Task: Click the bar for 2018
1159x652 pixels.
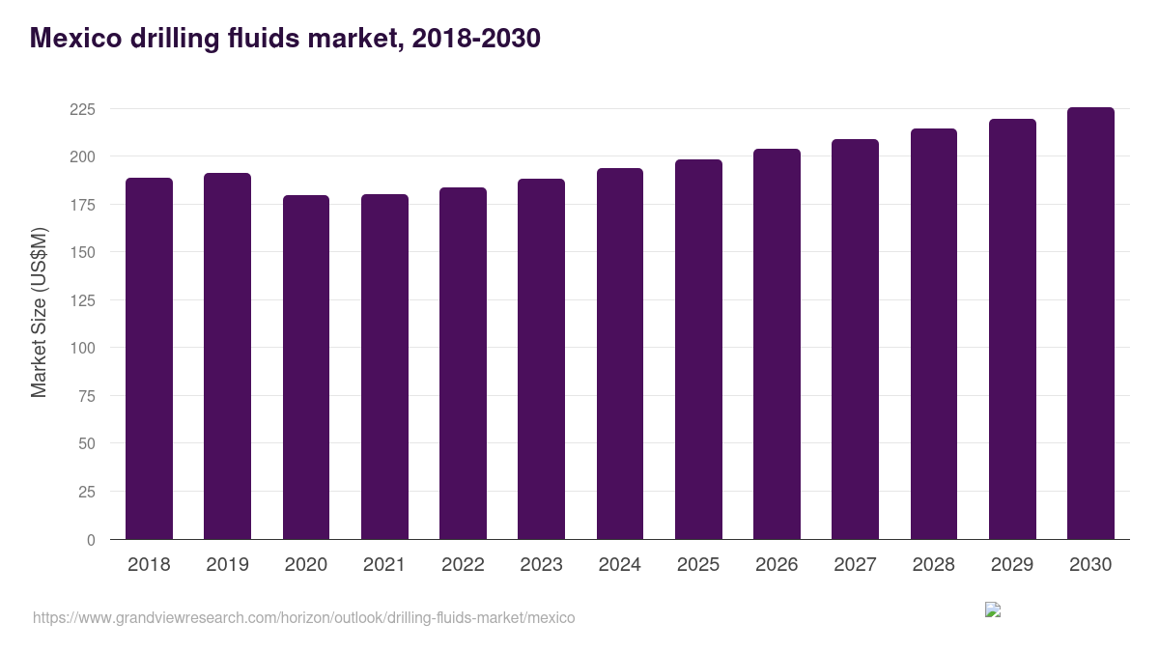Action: pyautogui.click(x=149, y=358)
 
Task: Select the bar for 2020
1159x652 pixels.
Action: pyautogui.click(x=306, y=367)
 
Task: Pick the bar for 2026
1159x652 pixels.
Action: pyautogui.click(x=777, y=344)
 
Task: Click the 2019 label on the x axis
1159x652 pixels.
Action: pyautogui.click(x=227, y=564)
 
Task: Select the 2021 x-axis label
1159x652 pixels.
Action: pyautogui.click(x=384, y=564)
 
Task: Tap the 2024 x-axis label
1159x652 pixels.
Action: pyautogui.click(x=619, y=564)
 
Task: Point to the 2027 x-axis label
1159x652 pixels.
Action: pyautogui.click(x=855, y=564)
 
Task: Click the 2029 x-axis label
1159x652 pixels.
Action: pyautogui.click(x=1012, y=564)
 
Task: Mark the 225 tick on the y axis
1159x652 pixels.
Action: pyautogui.click(x=83, y=109)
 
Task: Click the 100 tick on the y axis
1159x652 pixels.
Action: pyautogui.click(x=83, y=348)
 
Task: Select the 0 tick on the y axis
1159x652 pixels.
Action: pyautogui.click(x=91, y=540)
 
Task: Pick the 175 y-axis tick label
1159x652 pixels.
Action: pyautogui.click(x=83, y=205)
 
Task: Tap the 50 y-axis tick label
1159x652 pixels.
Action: pyautogui.click(x=87, y=443)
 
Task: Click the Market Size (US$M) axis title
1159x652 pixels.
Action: pyautogui.click(x=39, y=312)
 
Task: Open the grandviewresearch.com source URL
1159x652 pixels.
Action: pyautogui.click(x=303, y=617)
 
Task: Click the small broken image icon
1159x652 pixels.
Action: pyautogui.click(x=992, y=609)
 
